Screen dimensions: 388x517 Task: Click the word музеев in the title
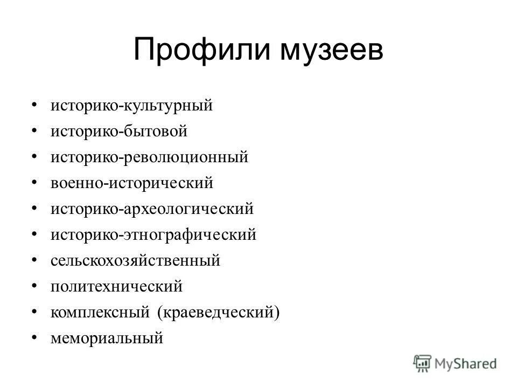[330, 51]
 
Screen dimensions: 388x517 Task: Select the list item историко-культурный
[132, 105]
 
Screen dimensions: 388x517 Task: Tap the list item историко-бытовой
[118, 131]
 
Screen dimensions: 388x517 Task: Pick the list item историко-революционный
[150, 157]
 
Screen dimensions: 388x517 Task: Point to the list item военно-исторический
[132, 183]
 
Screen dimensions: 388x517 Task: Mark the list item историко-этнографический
[153, 235]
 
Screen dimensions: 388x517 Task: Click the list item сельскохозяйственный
[135, 261]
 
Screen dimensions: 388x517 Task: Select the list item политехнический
[117, 287]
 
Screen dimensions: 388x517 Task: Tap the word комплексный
[100, 313]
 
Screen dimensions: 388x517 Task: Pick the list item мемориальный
[106, 338]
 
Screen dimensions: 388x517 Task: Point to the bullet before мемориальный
[35, 337]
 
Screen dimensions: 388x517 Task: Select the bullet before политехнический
[35, 285]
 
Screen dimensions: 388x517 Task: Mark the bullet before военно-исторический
[35, 182]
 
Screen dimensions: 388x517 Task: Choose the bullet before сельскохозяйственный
[35, 259]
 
